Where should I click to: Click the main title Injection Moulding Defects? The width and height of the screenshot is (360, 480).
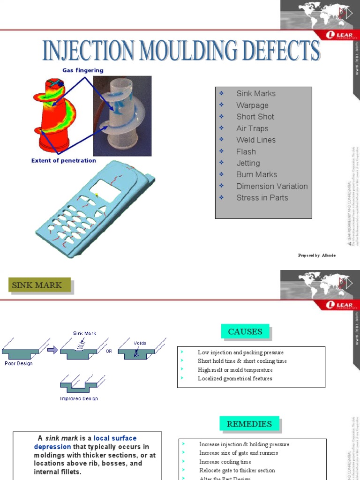pyautogui.click(x=181, y=51)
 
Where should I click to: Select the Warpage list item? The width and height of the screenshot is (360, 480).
pyautogui.click(x=252, y=105)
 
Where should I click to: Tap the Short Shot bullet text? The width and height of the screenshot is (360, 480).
pyautogui.click(x=255, y=117)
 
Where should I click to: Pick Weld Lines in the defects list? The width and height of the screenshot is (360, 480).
pyautogui.click(x=256, y=140)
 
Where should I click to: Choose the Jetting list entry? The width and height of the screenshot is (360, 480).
pyautogui.click(x=248, y=163)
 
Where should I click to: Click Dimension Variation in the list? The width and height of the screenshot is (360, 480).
pyautogui.click(x=272, y=186)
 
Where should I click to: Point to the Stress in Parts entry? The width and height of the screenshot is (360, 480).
pyautogui.click(x=262, y=197)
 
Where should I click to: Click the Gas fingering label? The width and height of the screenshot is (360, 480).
pyautogui.click(x=83, y=70)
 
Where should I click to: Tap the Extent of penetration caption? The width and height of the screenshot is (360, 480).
pyautogui.click(x=64, y=160)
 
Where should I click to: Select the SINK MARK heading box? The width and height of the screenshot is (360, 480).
pyautogui.click(x=39, y=285)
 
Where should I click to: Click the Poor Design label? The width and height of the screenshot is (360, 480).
pyautogui.click(x=18, y=363)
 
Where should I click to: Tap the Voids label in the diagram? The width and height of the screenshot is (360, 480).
pyautogui.click(x=140, y=343)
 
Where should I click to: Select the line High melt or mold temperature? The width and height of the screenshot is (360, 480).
pyautogui.click(x=235, y=370)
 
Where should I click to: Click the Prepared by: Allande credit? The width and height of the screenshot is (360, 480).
pyautogui.click(x=317, y=255)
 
